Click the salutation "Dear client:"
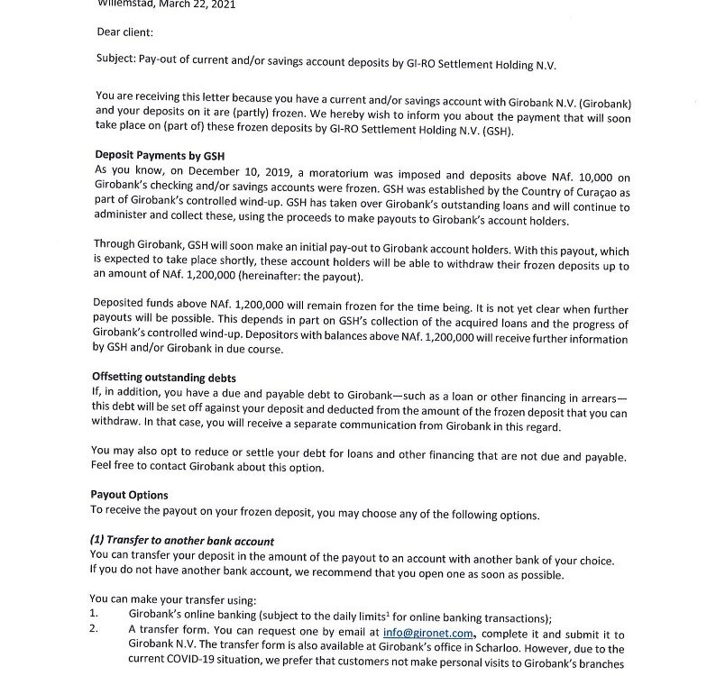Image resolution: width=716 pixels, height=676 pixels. tap(124, 32)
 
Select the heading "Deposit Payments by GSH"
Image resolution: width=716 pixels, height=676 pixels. tap(159, 156)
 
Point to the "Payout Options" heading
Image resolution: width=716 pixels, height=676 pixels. tap(129, 495)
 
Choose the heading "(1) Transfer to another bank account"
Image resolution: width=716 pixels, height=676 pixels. tap(181, 541)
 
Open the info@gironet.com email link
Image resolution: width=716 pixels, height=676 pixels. tap(427, 634)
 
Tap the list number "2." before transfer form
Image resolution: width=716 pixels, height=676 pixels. tap(93, 633)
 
